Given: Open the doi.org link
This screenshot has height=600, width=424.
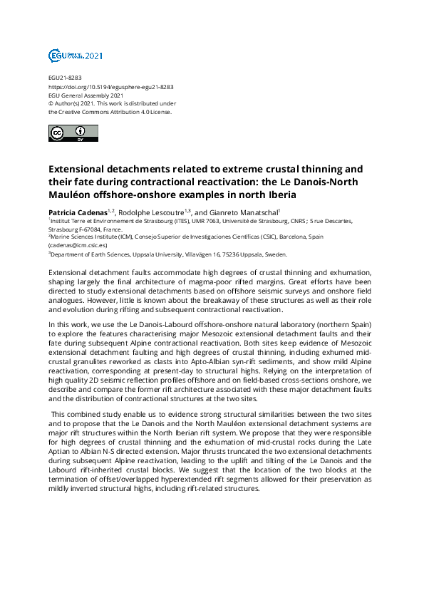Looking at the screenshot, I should click(x=111, y=86).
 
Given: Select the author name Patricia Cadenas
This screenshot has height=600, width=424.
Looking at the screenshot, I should click(x=78, y=211).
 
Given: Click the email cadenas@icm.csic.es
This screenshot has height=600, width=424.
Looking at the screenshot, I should click(x=78, y=244).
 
